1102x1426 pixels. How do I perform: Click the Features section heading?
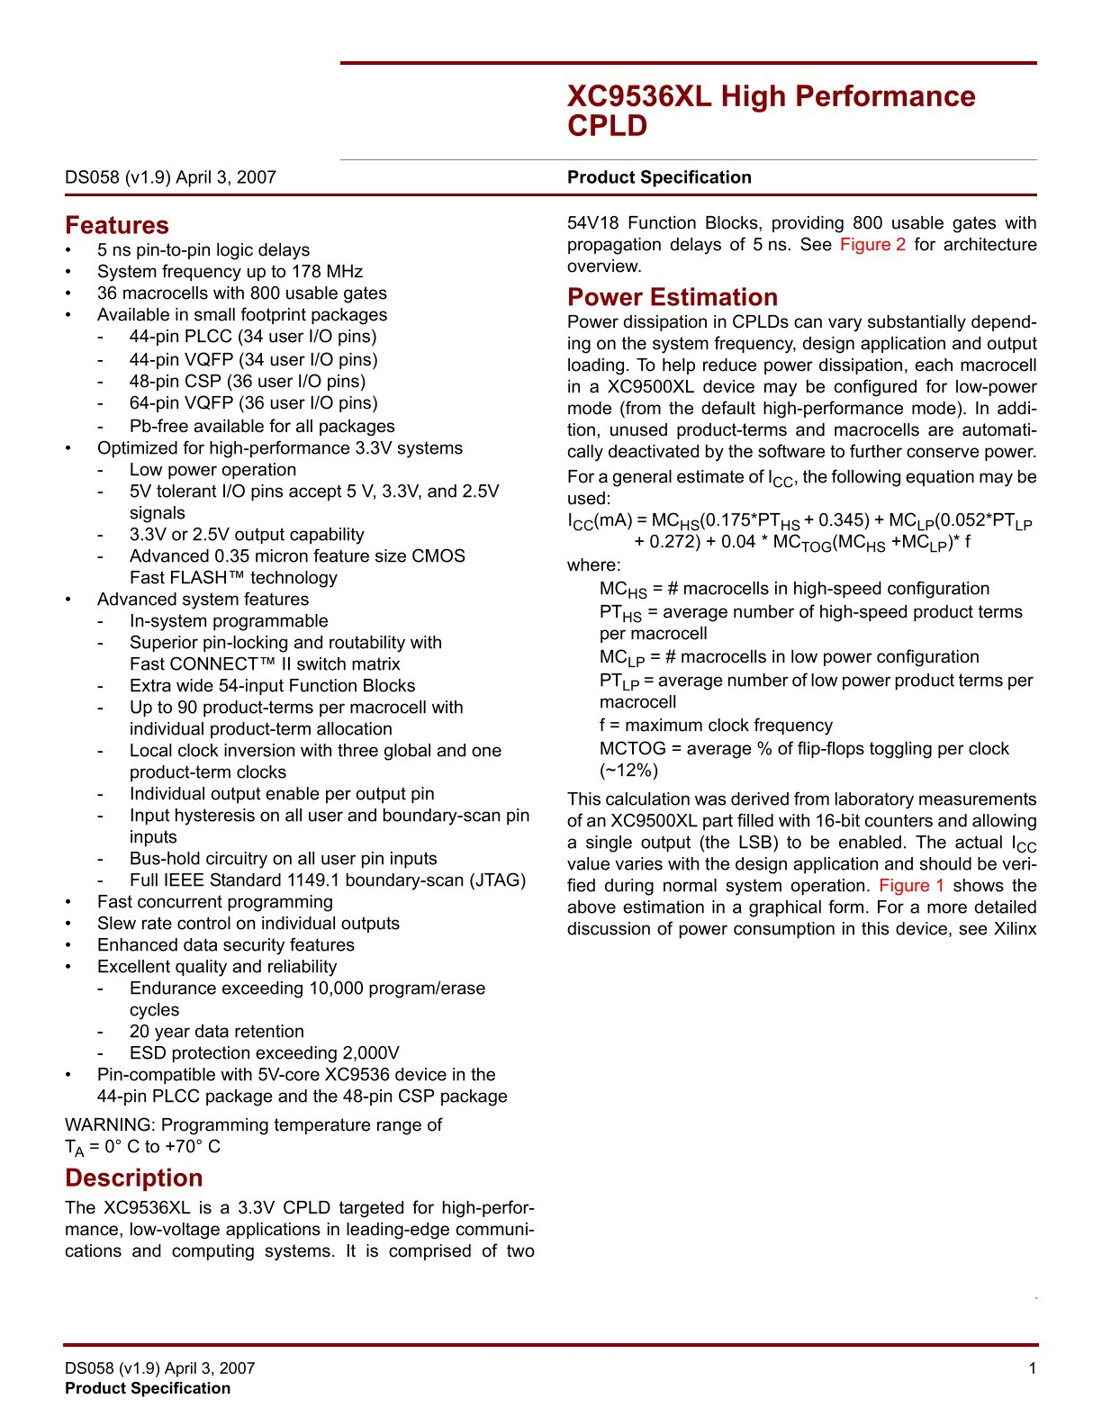point(117,225)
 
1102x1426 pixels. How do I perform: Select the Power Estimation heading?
point(672,297)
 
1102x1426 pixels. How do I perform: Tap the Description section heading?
point(133,1178)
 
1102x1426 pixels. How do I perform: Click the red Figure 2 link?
point(872,245)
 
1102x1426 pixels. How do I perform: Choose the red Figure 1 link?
point(911,886)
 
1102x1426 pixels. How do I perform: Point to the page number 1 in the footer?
point(1032,1368)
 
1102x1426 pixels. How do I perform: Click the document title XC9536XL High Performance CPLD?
point(771,111)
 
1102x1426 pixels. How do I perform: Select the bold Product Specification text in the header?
point(659,177)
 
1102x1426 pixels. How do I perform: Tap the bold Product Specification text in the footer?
point(148,1388)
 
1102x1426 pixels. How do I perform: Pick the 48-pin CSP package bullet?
point(248,382)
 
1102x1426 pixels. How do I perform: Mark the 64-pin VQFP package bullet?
point(253,403)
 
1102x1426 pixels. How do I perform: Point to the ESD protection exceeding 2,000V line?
point(264,1053)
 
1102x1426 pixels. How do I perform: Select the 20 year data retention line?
point(216,1032)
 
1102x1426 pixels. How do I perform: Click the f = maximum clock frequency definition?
point(716,726)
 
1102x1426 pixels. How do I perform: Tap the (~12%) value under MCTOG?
point(628,771)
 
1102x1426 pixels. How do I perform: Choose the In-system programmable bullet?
point(229,621)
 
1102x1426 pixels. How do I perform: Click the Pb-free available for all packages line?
point(262,427)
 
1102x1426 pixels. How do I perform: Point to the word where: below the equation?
point(593,565)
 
